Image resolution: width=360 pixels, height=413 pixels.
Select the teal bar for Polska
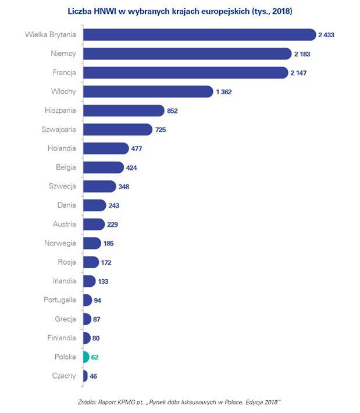pos(85,357)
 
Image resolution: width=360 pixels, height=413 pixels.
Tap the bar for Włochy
pos(148,91)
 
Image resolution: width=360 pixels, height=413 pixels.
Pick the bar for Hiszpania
pos(123,111)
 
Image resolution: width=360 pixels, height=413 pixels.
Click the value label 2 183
pos(303,54)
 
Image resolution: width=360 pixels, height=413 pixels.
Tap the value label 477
pos(137,148)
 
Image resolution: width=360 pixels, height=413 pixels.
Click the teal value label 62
pos(96,357)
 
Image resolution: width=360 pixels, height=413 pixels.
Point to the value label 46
pos(94,376)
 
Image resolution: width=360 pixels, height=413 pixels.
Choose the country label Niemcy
pos(63,54)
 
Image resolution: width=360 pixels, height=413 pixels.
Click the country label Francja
pos(63,73)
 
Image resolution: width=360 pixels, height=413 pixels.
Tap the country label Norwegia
pos(60,243)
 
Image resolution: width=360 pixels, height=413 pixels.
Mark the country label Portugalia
pos(59,300)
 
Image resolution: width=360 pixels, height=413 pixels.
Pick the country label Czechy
pos(63,376)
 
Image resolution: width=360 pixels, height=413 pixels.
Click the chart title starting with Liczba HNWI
pos(180,10)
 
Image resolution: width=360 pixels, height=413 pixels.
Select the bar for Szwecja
pos(99,186)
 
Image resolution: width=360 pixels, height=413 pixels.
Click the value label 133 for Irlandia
pos(103,281)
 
